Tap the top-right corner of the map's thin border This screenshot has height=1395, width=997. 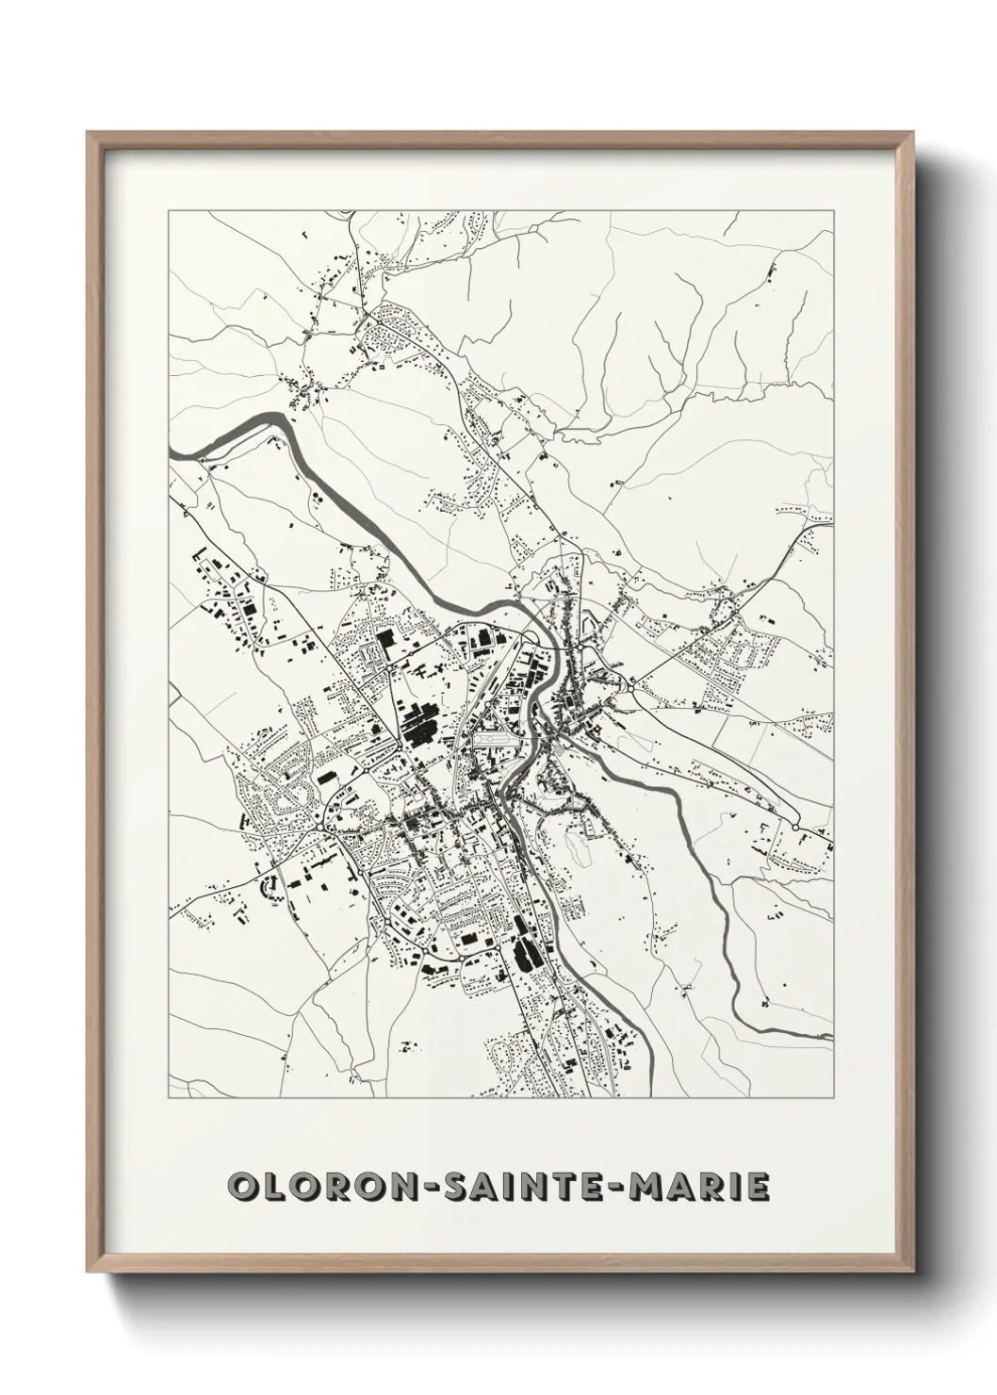tap(833, 211)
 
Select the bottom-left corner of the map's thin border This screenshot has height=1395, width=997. tap(169, 1097)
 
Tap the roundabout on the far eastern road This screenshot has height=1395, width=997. tap(797, 827)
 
